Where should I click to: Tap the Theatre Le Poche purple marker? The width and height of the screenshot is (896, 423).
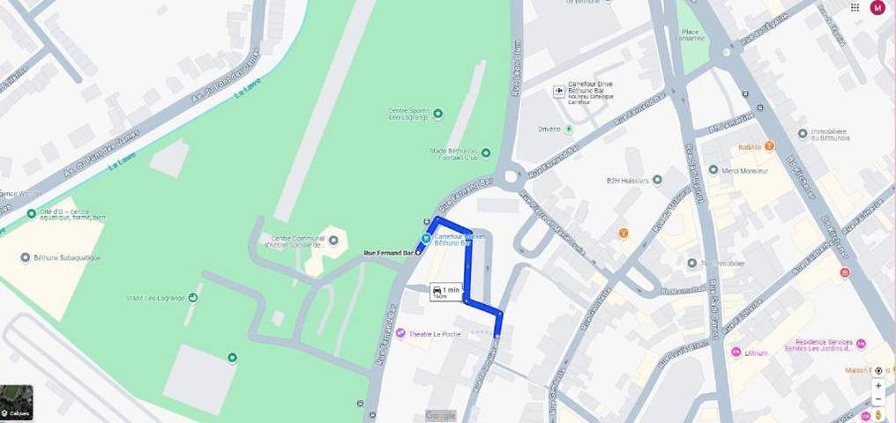click(401, 332)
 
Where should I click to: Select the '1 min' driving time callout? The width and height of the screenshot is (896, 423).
click(445, 292)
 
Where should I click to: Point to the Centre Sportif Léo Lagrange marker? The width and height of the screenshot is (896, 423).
click(438, 113)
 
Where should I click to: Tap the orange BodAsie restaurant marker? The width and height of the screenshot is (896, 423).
click(769, 145)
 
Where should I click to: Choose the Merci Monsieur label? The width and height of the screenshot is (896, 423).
click(745, 170)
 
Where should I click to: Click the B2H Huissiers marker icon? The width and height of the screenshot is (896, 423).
click(656, 180)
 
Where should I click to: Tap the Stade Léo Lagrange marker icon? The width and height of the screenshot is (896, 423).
click(193, 298)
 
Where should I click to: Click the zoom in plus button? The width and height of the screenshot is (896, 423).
click(878, 386)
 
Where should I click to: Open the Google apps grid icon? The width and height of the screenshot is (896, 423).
click(855, 8)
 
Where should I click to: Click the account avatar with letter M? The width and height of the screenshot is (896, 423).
click(877, 8)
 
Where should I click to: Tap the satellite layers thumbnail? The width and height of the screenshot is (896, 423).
click(17, 403)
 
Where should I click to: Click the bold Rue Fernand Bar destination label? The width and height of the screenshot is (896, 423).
click(389, 253)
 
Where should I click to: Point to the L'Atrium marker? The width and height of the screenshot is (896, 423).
click(735, 352)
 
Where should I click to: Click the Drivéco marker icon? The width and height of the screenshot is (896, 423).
click(569, 129)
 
